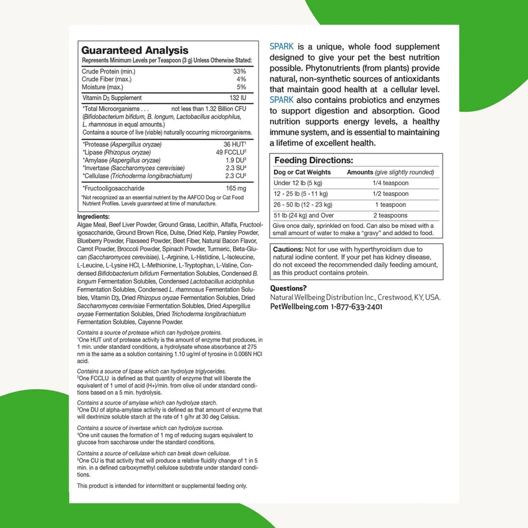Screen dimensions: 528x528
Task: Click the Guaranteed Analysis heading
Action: pyautogui.click(x=134, y=50)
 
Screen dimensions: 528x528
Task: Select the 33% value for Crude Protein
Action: pyautogui.click(x=240, y=71)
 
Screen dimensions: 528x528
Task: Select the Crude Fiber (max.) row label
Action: pyautogui.click(x=107, y=79)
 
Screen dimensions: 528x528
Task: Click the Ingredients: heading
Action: pyautogui.click(x=93, y=217)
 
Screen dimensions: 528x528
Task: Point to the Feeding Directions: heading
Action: pyautogui.click(x=313, y=160)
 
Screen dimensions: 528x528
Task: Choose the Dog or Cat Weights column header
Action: pyautogui.click(x=302, y=172)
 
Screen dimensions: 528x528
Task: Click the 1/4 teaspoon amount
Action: pyautogui.click(x=389, y=183)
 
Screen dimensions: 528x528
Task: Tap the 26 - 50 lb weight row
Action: pyautogui.click(x=303, y=204)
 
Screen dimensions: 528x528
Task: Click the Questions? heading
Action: pyautogui.click(x=288, y=288)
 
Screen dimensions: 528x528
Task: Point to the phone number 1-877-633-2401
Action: pyautogui.click(x=356, y=307)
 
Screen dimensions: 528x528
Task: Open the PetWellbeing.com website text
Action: pyautogui.click(x=299, y=307)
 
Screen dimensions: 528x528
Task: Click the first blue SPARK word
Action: pyautogui.click(x=282, y=47)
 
